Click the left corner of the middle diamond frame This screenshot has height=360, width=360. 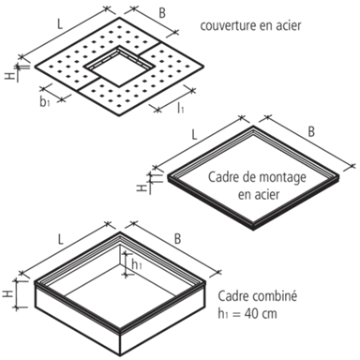tap(141, 183)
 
